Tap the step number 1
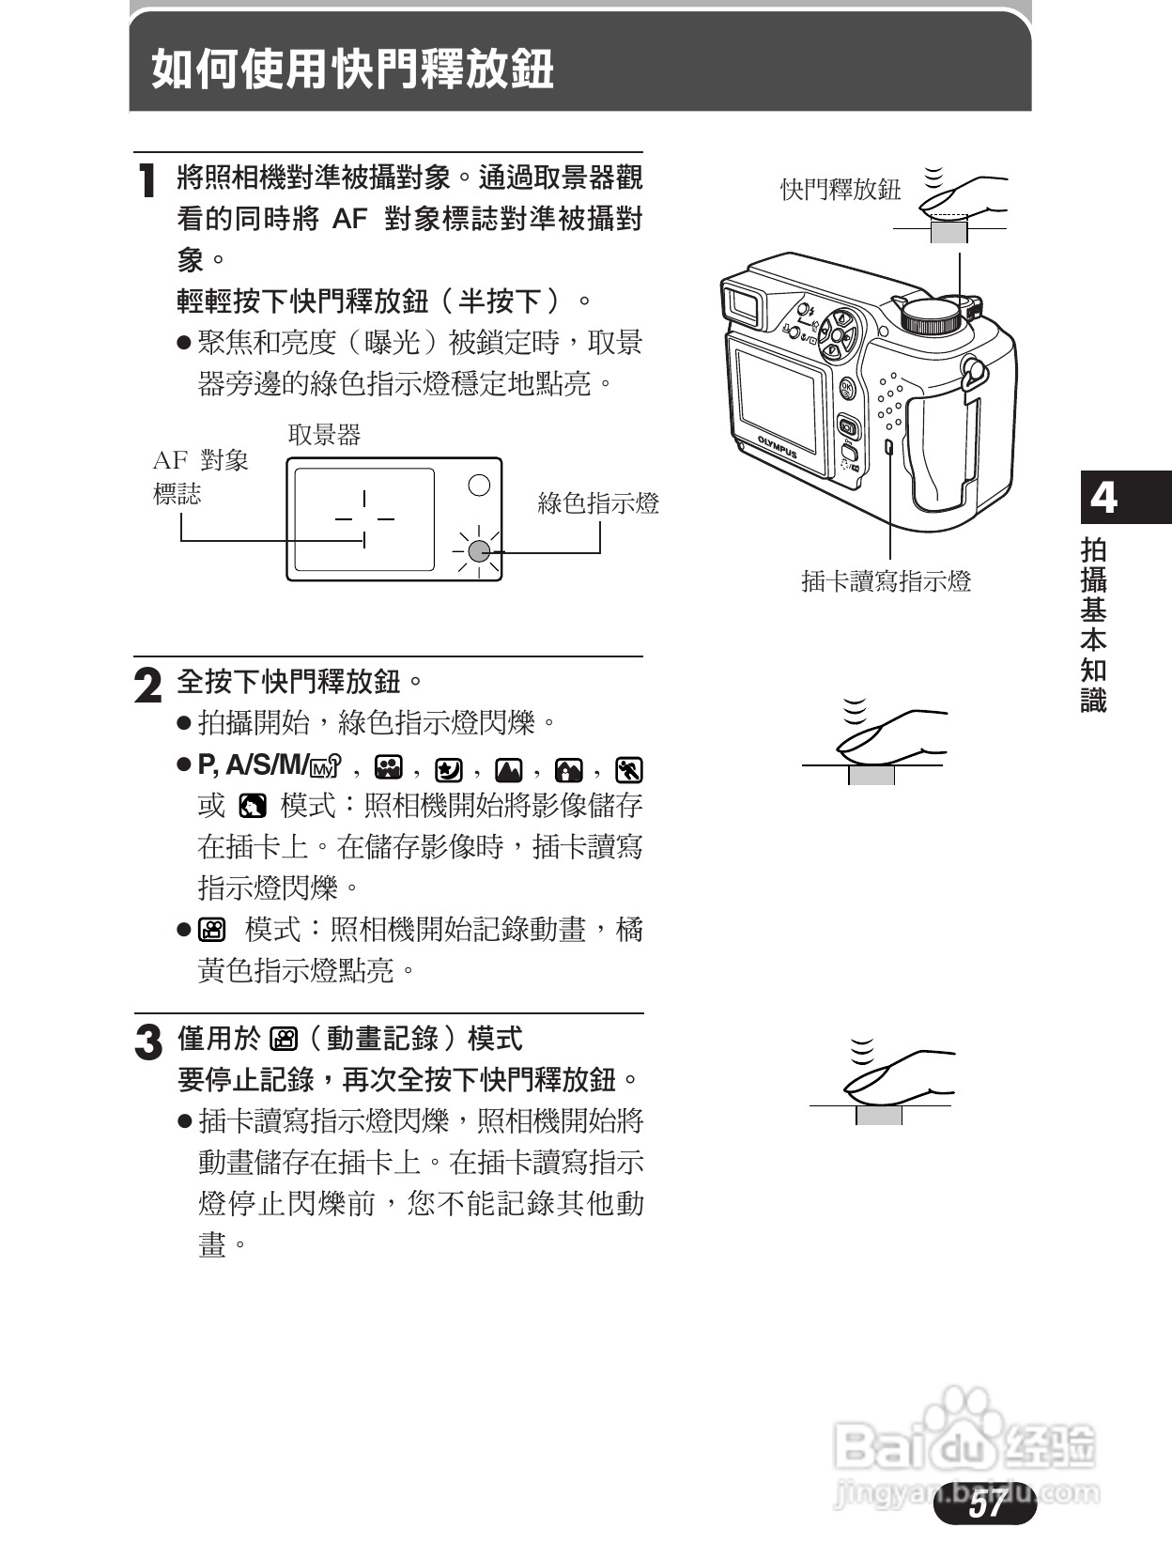(x=146, y=180)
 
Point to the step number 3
(x=147, y=1042)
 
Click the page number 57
(x=985, y=1504)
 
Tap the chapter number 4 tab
(x=1104, y=497)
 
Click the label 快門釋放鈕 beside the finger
(x=840, y=190)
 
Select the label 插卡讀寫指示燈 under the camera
(x=886, y=581)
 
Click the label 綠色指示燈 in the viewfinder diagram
(x=598, y=503)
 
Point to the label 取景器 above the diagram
(x=324, y=434)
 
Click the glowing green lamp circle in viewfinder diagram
(x=479, y=551)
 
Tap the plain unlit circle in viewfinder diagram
(x=479, y=485)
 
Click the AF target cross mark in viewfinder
(x=364, y=518)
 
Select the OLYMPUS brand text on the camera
(x=778, y=448)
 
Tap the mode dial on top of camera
(x=932, y=316)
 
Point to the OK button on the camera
(x=846, y=387)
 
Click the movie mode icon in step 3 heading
(x=284, y=1039)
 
